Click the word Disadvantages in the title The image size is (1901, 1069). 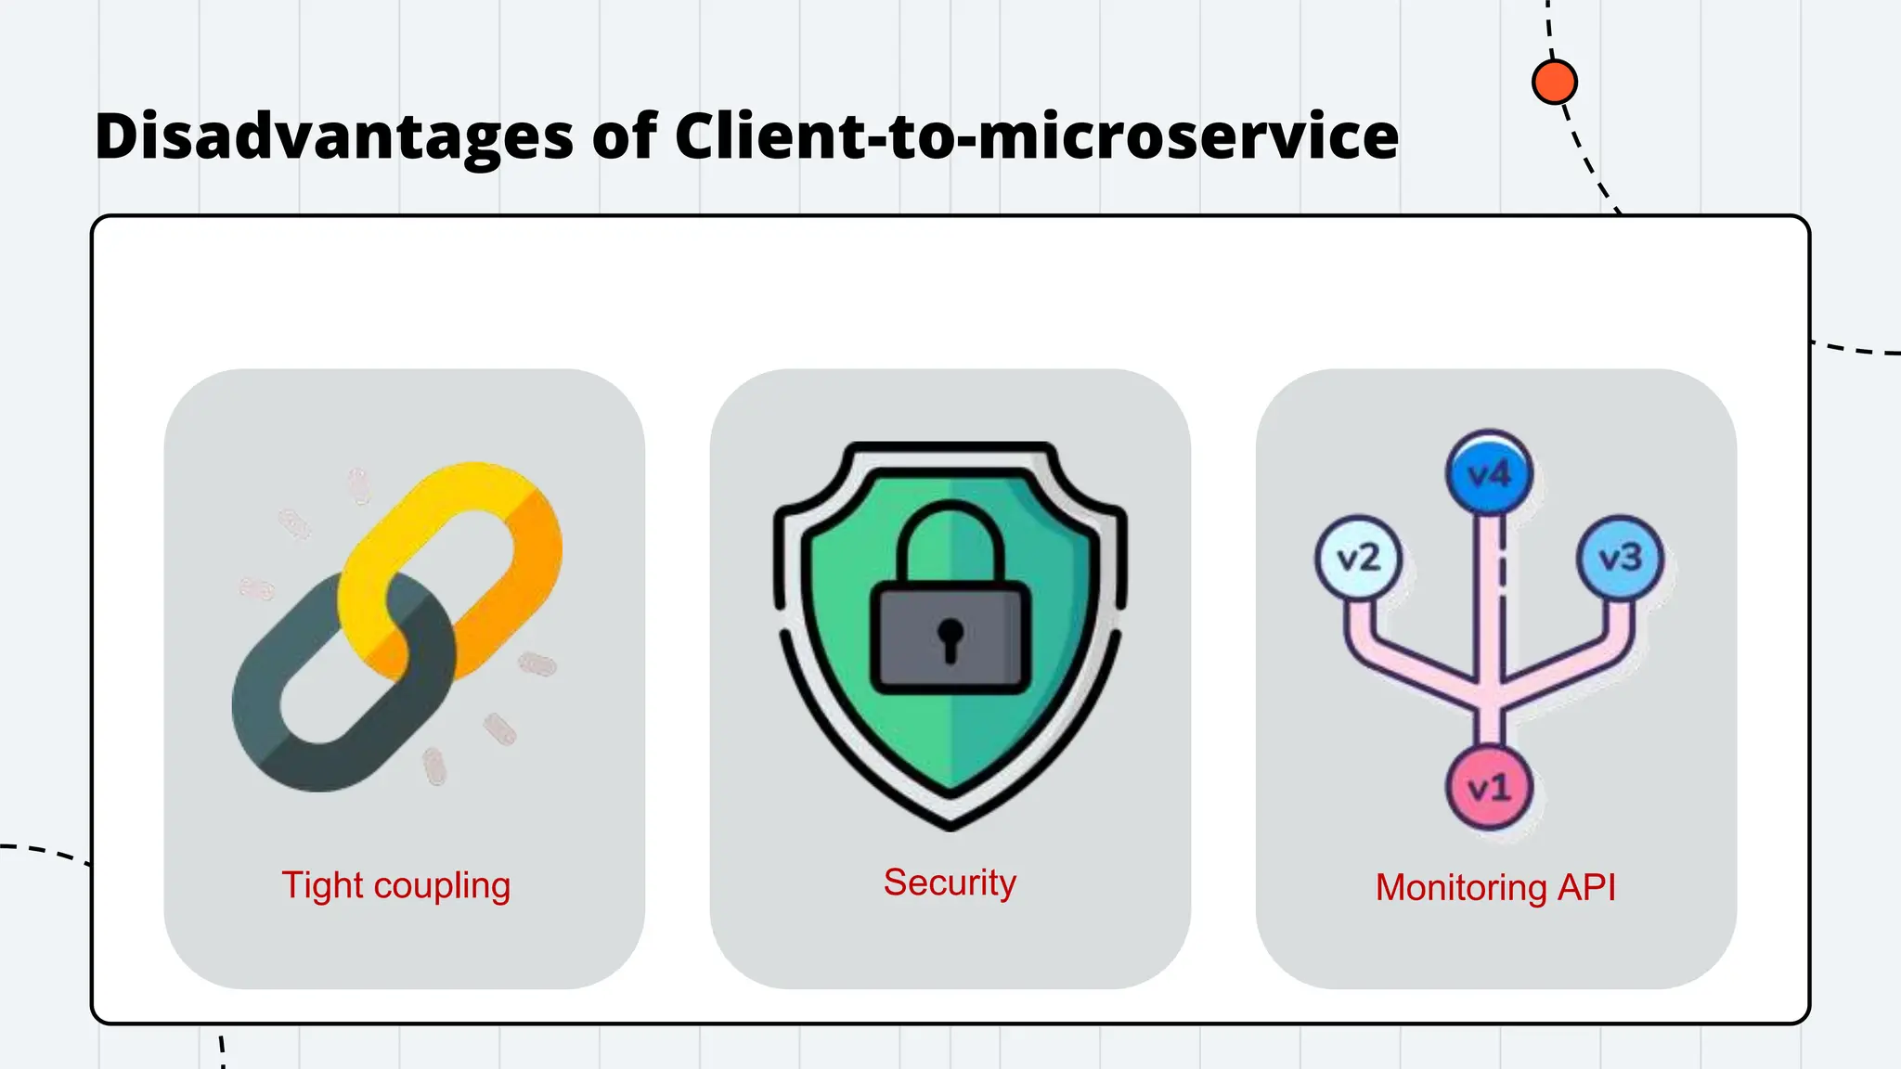pos(334,137)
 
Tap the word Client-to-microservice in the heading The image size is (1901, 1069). pos(1036,137)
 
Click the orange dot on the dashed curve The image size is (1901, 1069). pos(1554,82)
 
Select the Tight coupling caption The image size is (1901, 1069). pos(396,885)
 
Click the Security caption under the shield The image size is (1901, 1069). pos(950,882)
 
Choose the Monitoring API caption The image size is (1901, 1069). pos(1495,887)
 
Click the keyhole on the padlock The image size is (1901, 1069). pos(950,638)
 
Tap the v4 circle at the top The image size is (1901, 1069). pos(1489,474)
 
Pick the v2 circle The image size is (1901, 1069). pos(1358,558)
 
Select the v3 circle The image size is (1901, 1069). pos(1620,558)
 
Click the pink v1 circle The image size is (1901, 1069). pos(1489,788)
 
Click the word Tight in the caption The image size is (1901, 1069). pos(322,885)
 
